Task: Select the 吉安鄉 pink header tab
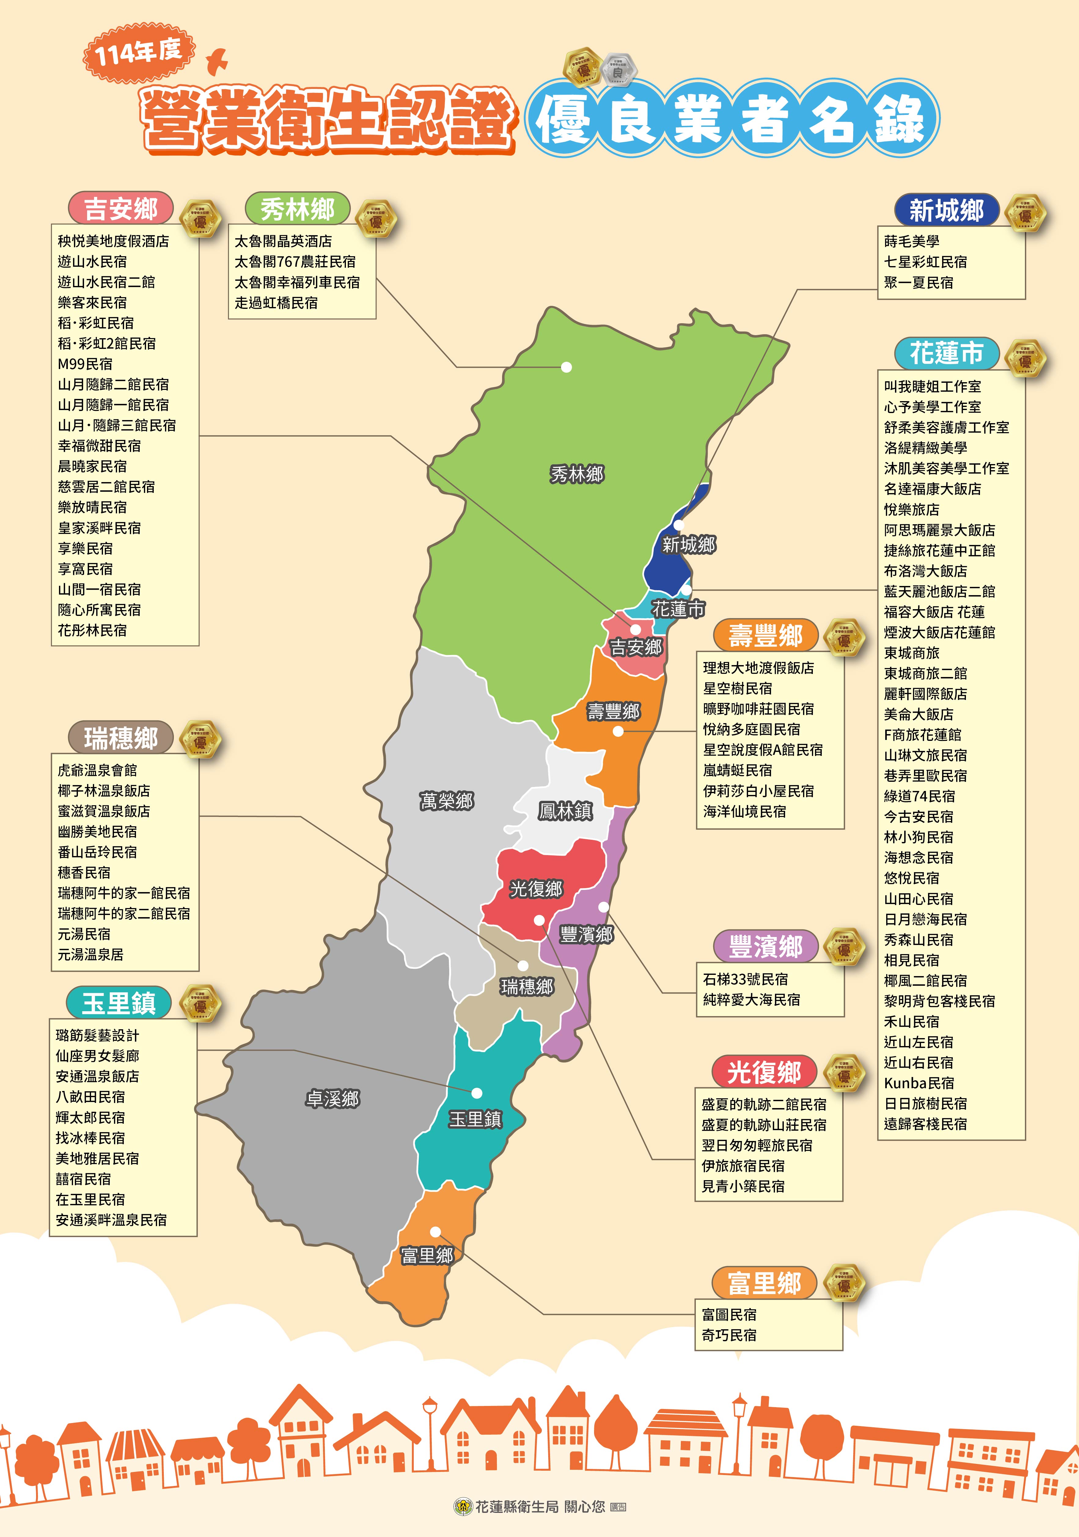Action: (121, 209)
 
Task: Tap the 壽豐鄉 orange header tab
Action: (765, 635)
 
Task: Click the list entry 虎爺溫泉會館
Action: (97, 770)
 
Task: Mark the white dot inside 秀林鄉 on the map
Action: (566, 367)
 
